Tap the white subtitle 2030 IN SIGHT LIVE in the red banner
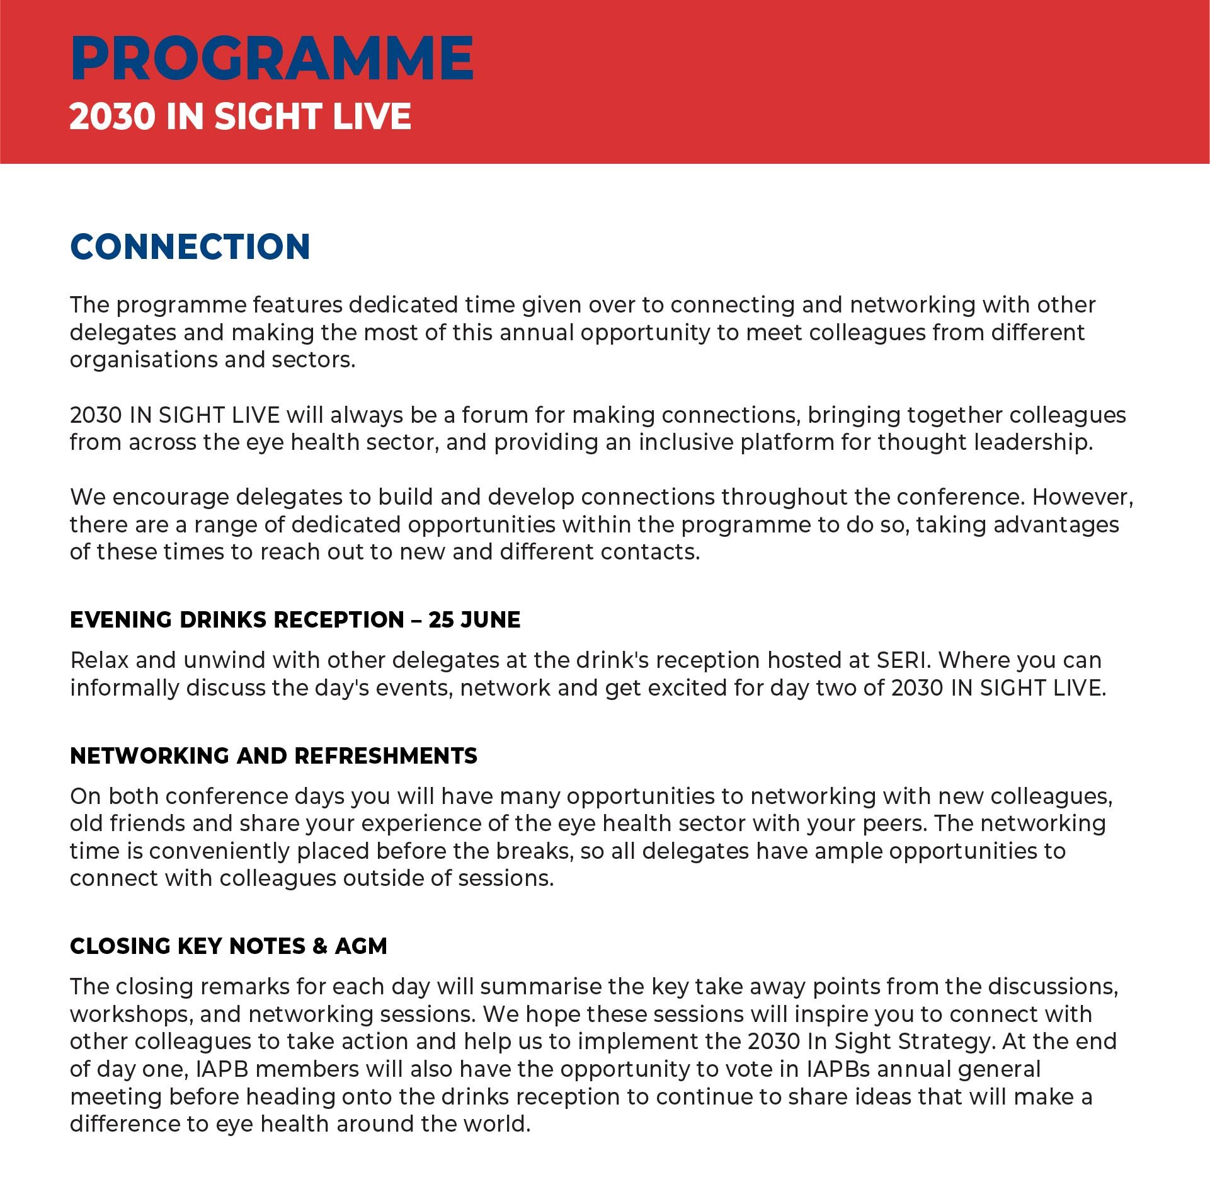click(x=240, y=117)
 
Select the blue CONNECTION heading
click(x=190, y=246)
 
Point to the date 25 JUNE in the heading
click(x=474, y=620)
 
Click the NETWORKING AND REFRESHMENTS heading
click(x=273, y=755)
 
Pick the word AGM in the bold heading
click(x=361, y=946)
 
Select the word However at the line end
click(x=1082, y=497)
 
